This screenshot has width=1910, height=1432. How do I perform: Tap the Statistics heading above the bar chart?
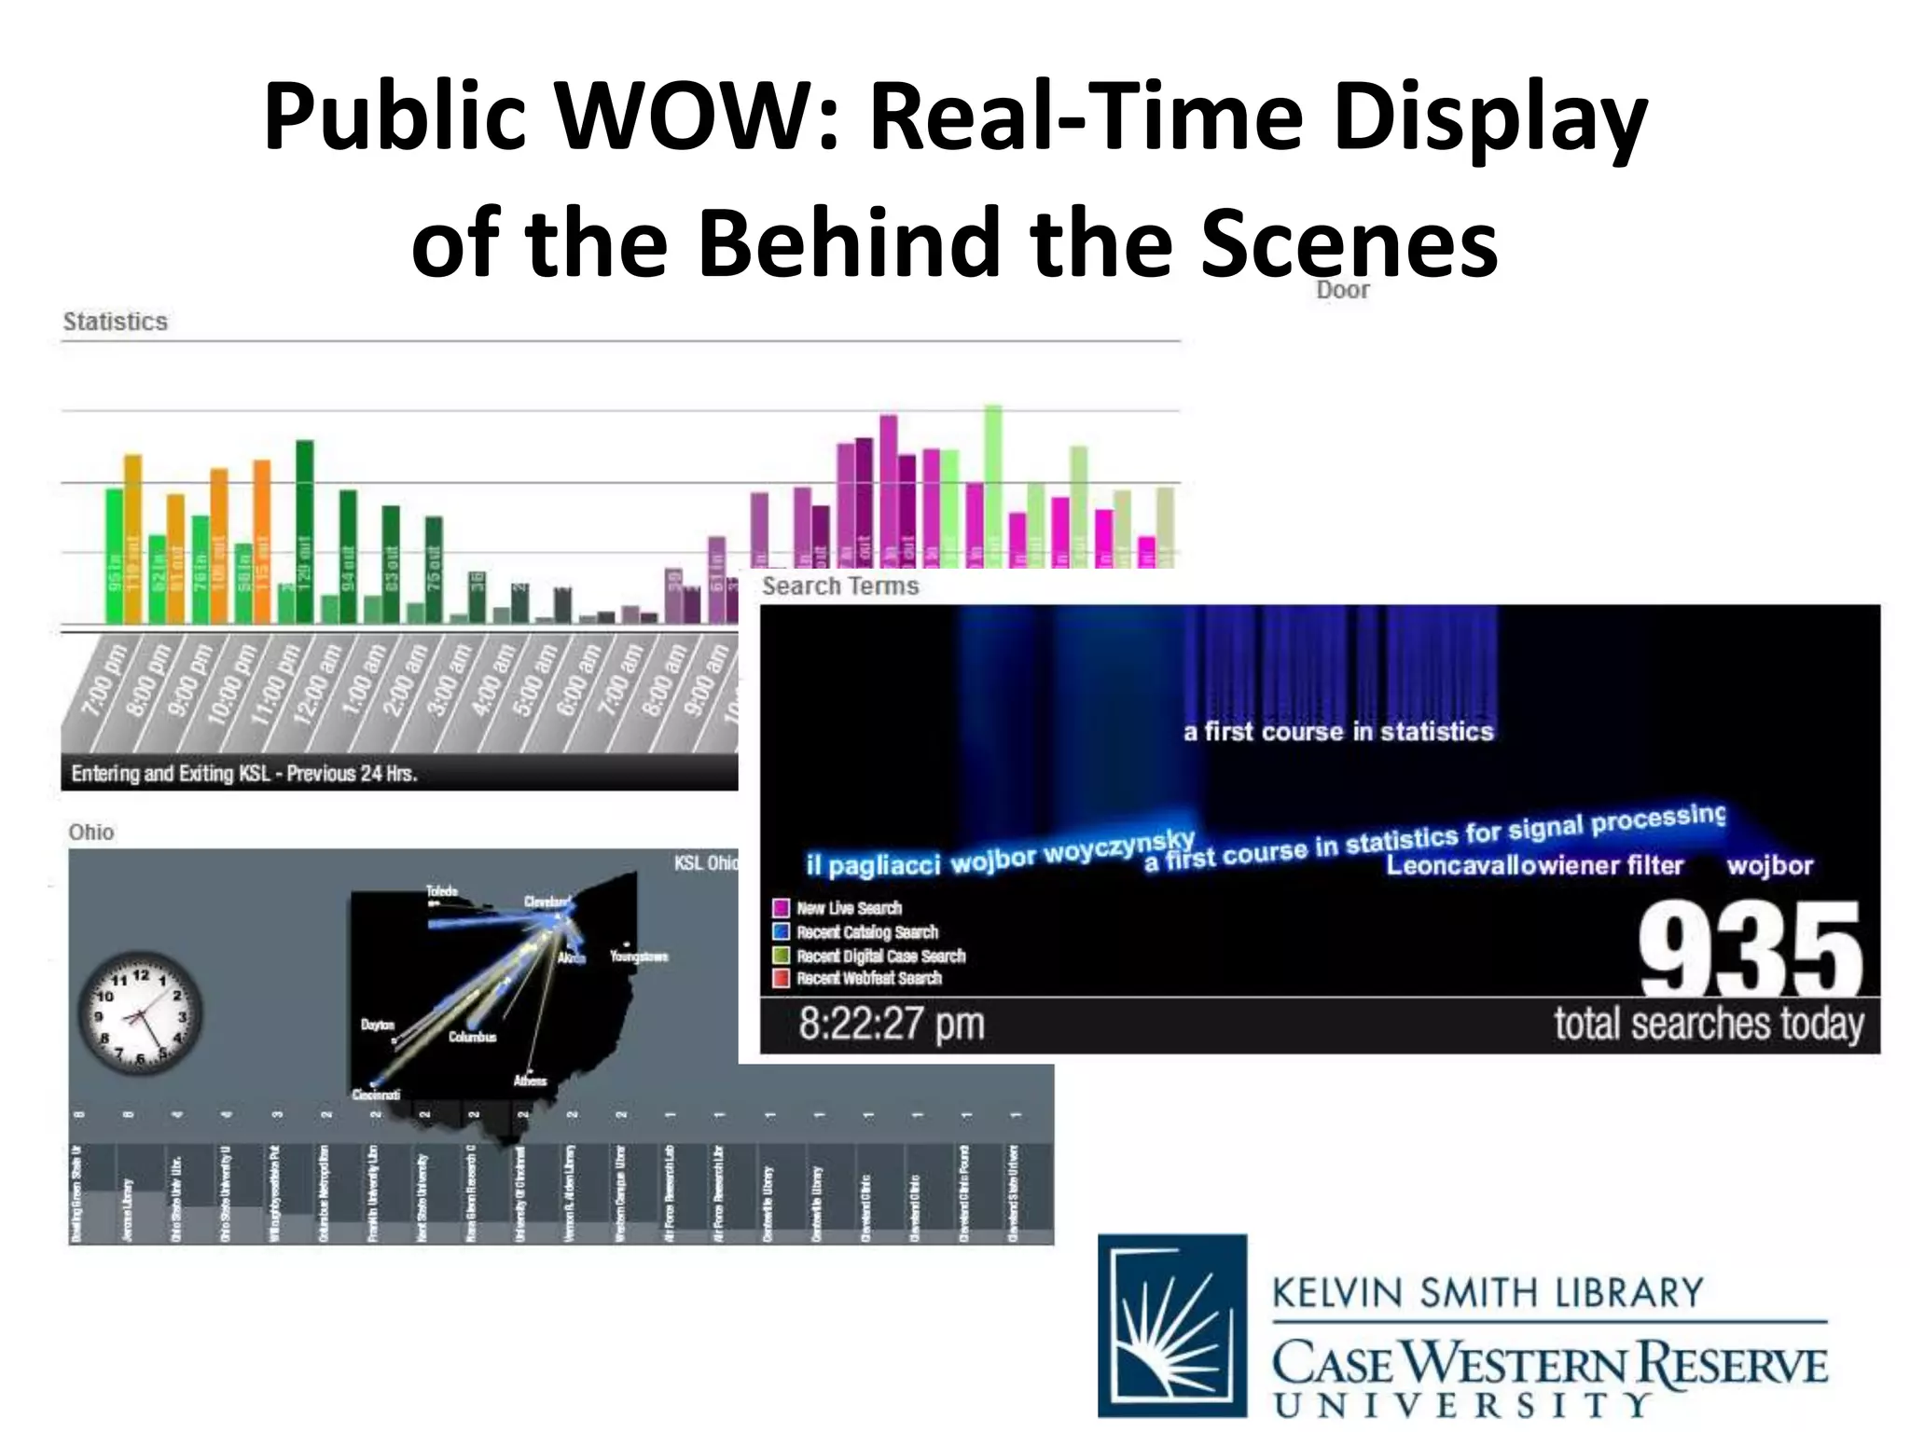pos(115,322)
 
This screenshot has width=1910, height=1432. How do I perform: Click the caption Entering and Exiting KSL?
pos(243,774)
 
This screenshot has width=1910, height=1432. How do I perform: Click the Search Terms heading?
pos(840,586)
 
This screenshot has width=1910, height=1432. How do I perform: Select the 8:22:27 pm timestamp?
pos(891,1024)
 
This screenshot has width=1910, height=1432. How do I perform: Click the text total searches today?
pos(1709,1024)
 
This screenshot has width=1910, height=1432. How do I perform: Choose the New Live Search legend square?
pos(782,908)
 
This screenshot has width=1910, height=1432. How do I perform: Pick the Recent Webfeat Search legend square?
pos(782,978)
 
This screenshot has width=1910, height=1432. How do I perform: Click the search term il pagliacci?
pos(873,866)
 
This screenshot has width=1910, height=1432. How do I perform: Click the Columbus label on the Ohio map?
pos(472,1037)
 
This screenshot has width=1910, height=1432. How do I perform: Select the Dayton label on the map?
pos(378,1025)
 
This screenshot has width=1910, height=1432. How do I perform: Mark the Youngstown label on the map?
pos(639,957)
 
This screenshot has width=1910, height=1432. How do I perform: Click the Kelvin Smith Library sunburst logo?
pos(1172,1325)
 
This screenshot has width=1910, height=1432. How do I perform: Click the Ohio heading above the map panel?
pos(91,833)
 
